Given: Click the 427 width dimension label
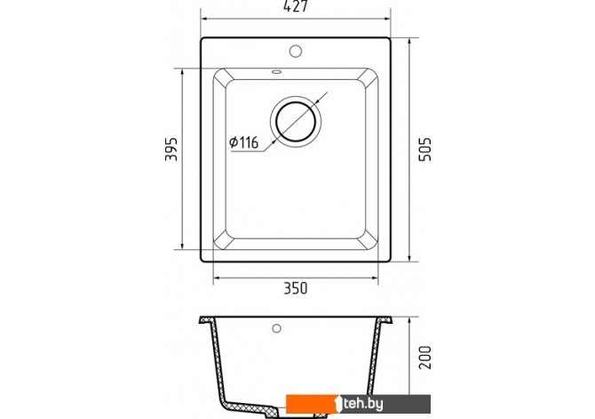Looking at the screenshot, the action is click(295, 6).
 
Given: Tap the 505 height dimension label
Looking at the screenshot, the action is click(425, 149).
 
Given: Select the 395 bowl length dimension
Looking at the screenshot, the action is click(171, 149).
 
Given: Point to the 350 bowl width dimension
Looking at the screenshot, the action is click(296, 288).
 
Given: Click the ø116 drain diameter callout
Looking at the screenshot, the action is click(243, 142).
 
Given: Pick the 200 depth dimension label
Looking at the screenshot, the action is click(425, 357).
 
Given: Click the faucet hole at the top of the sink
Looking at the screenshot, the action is click(295, 51).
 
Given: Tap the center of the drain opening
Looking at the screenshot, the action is click(296, 122).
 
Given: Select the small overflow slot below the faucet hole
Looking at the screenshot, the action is click(276, 71).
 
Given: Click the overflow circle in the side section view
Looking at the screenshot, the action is click(276, 328).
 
